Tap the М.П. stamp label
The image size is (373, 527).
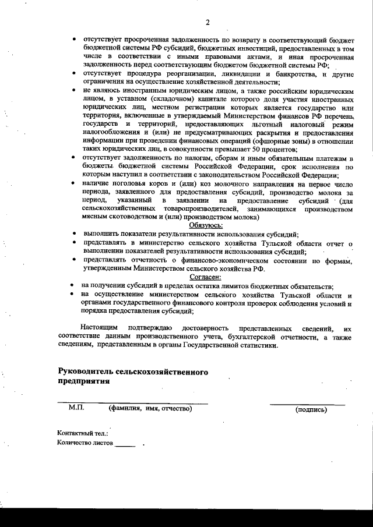click(x=76, y=409)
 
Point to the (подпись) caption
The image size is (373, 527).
click(x=311, y=409)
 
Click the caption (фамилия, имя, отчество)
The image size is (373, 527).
click(x=150, y=409)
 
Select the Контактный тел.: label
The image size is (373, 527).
click(x=83, y=434)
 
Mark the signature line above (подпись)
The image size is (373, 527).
click(x=307, y=403)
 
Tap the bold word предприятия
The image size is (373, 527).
click(x=83, y=381)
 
